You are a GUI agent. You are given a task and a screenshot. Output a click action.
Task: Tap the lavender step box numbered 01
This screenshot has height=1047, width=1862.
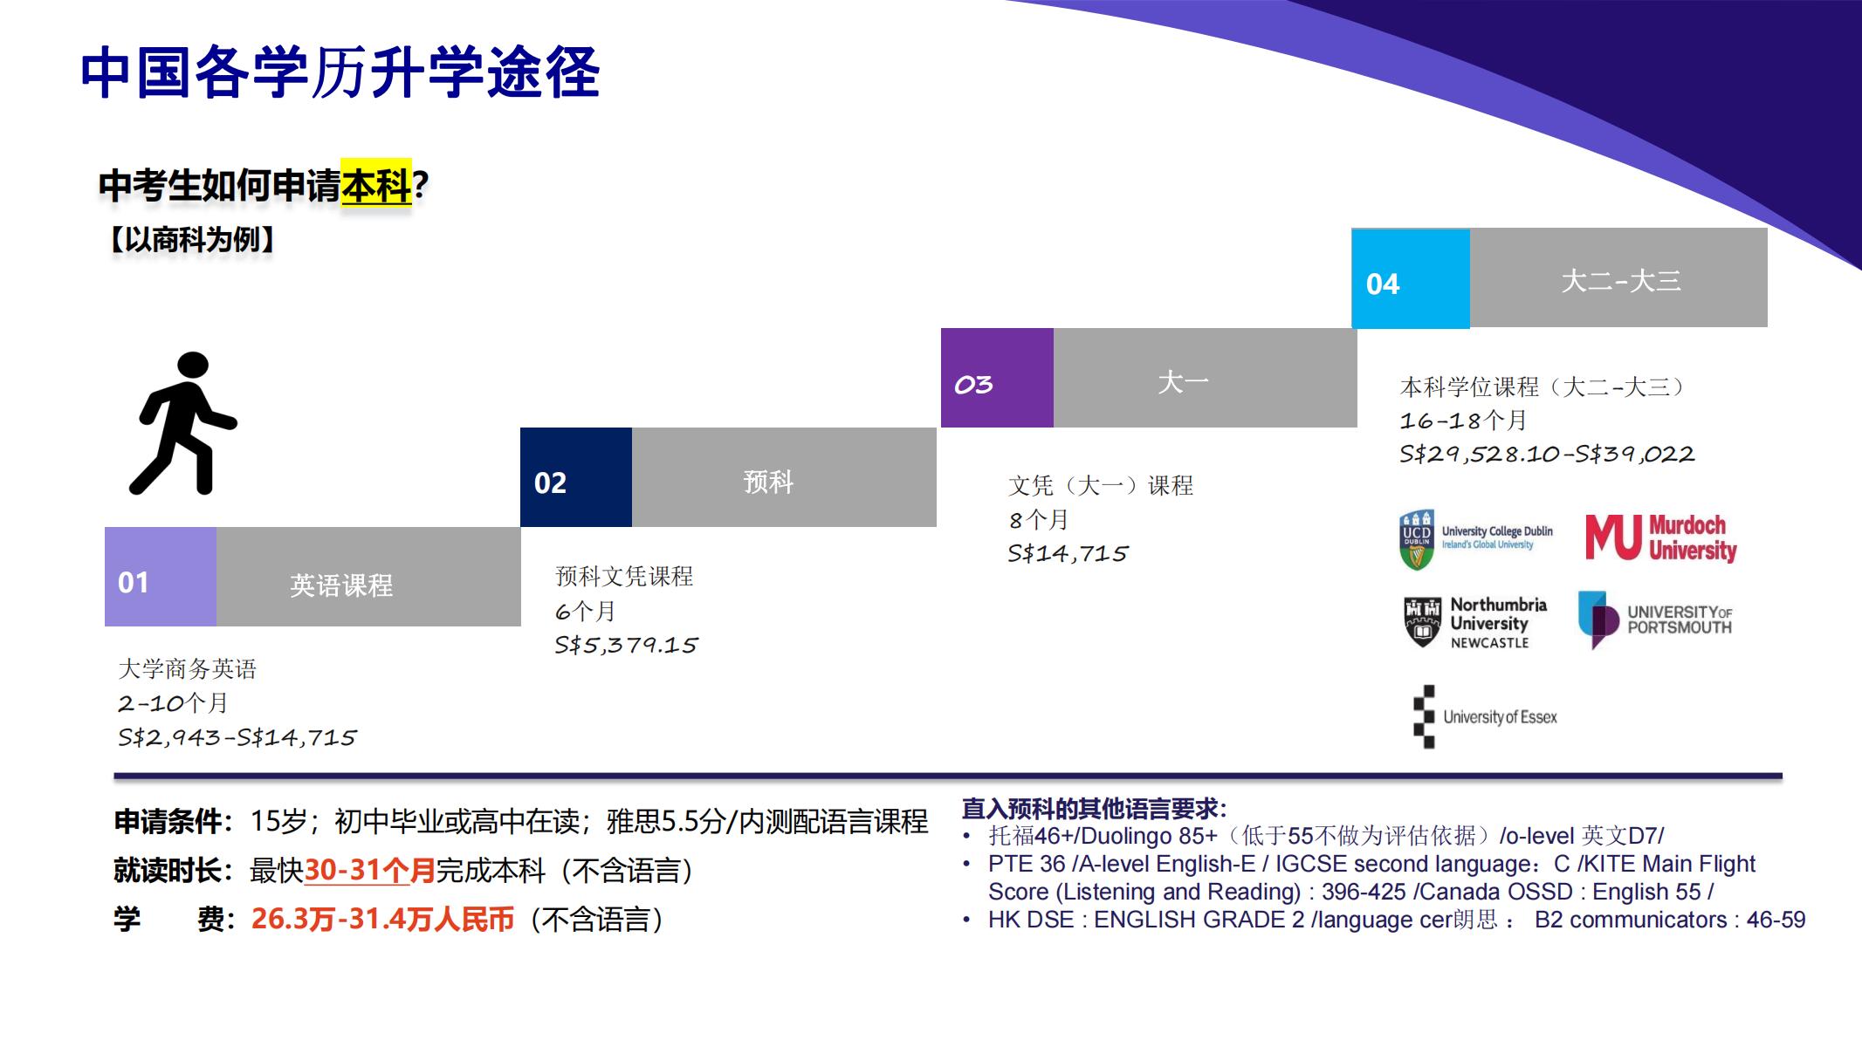click(161, 577)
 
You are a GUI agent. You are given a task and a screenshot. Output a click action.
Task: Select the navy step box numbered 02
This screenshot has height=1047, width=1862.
click(576, 477)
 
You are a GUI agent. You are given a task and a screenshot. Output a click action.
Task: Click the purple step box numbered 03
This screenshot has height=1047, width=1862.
click(997, 378)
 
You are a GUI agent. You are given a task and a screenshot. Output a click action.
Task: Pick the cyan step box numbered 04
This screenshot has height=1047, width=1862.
click(1411, 278)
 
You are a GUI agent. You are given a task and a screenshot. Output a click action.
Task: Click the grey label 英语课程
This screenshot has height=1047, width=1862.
click(341, 585)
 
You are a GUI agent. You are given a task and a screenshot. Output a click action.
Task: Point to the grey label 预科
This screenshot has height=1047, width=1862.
click(768, 482)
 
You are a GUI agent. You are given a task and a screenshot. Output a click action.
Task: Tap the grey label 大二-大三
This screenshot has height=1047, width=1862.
click(1620, 281)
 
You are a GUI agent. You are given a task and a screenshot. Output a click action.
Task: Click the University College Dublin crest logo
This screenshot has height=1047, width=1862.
click(1417, 540)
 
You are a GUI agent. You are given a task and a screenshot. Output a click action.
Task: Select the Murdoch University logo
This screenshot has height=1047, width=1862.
click(1661, 537)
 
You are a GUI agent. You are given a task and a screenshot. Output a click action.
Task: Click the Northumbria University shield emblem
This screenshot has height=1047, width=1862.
click(1422, 622)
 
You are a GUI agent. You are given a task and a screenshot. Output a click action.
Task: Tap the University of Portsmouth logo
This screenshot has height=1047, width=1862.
click(1655, 619)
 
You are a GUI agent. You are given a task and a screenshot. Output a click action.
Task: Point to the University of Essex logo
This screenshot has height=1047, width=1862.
click(1485, 717)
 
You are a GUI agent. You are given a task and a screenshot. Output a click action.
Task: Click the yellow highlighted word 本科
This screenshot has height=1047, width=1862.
click(375, 185)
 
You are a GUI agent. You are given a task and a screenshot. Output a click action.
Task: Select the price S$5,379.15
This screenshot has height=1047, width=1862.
click(626, 645)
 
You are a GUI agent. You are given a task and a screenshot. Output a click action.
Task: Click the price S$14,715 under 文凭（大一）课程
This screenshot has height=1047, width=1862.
click(1068, 553)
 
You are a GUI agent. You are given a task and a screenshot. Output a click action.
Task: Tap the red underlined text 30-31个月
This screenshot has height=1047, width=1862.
click(369, 870)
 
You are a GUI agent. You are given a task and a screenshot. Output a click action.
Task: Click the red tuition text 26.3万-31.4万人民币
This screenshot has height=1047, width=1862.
click(382, 919)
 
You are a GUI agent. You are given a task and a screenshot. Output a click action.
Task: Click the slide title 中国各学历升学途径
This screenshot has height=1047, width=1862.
click(340, 72)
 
